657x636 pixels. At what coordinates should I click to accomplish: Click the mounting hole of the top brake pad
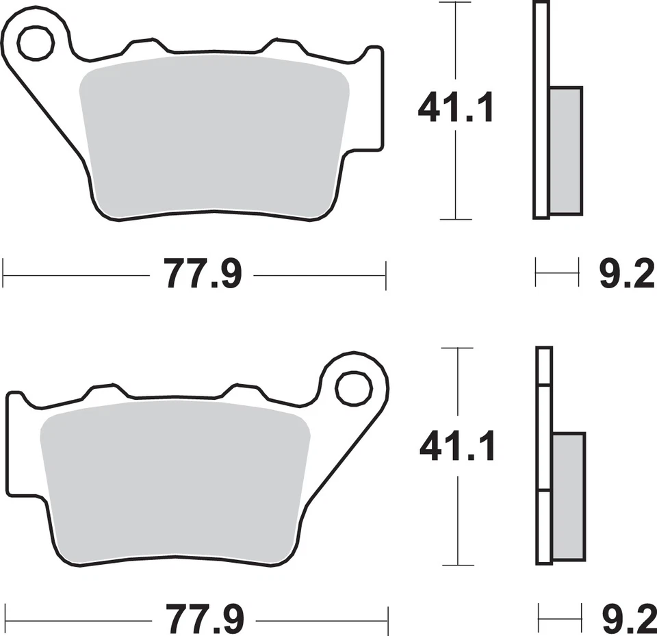(36, 44)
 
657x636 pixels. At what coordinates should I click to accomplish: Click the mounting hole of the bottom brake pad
(354, 387)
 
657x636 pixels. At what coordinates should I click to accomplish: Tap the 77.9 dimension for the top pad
(203, 275)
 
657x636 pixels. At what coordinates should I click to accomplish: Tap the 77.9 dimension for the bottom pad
(204, 620)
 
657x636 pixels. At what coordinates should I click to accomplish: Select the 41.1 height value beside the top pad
(456, 110)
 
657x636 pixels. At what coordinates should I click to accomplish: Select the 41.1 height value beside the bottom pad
(456, 448)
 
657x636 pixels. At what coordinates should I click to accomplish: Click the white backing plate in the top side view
(541, 110)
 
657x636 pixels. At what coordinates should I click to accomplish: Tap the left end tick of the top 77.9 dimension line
(4, 275)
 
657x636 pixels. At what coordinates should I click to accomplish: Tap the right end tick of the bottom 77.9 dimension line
(388, 620)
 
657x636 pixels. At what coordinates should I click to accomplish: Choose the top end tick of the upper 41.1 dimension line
(456, 3)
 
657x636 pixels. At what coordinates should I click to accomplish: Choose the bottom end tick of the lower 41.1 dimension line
(457, 565)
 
